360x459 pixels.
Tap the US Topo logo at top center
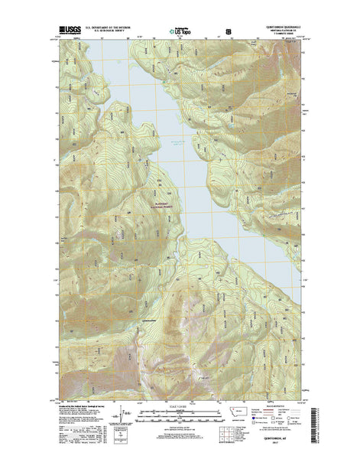180,32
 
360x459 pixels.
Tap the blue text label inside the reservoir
178,143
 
